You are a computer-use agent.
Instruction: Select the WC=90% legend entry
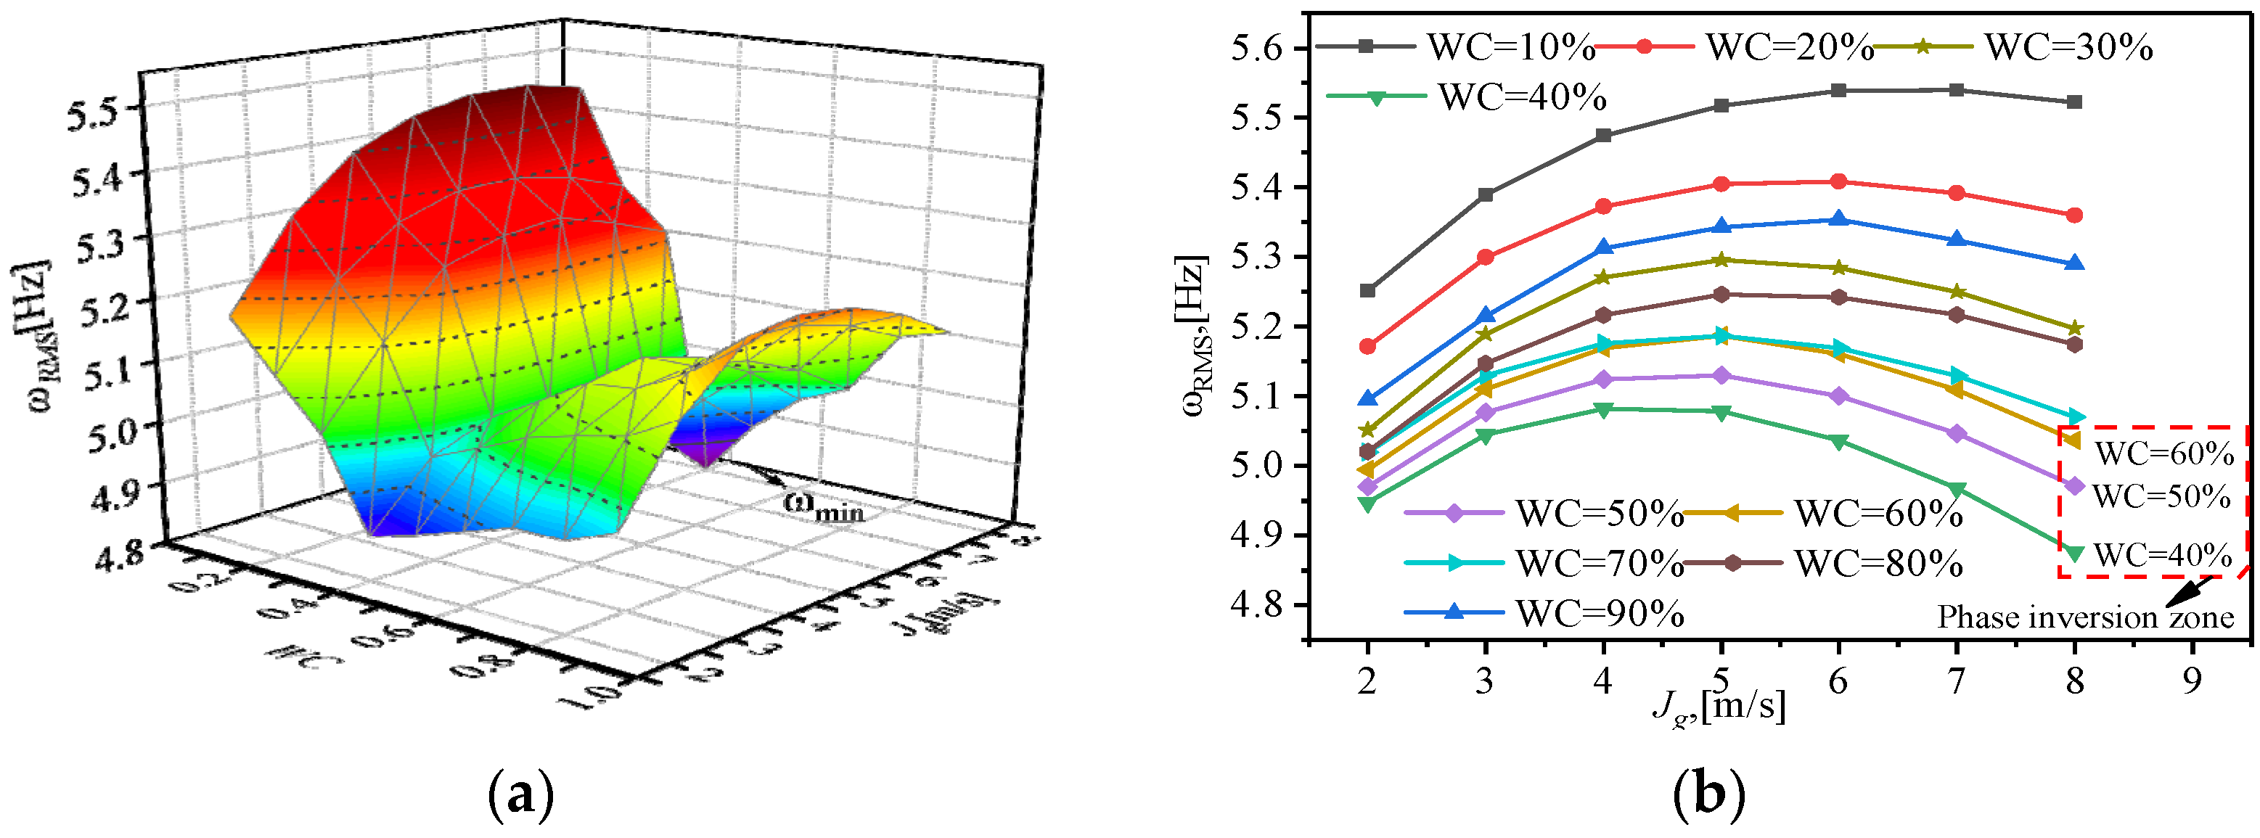click(1544, 612)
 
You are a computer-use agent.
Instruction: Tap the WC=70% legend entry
click(1544, 562)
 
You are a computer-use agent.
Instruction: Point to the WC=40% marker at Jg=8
click(2075, 553)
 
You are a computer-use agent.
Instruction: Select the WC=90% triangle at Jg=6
click(1839, 219)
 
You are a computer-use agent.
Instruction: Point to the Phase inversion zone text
click(2085, 617)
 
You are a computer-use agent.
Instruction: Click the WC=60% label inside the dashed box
click(2164, 453)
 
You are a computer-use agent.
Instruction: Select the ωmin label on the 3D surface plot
click(822, 507)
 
